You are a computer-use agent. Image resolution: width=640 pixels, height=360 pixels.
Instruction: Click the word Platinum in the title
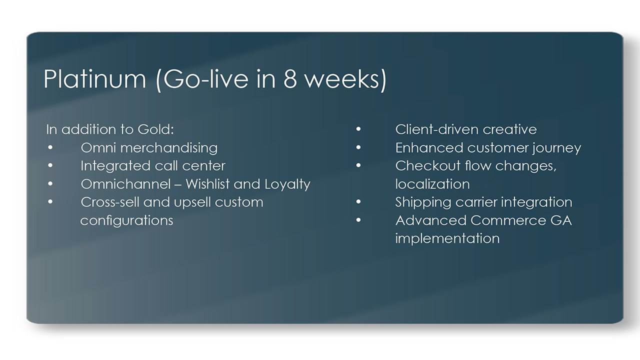[x=94, y=78]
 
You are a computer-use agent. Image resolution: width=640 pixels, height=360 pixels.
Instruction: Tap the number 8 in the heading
[x=290, y=79]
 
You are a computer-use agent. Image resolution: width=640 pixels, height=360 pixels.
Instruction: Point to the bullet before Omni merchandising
[x=50, y=147]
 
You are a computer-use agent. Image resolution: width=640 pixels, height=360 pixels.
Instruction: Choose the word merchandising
[x=169, y=148]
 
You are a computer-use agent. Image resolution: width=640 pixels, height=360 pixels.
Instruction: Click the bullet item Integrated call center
[x=153, y=166]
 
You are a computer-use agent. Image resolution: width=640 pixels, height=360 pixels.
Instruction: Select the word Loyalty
[x=287, y=184]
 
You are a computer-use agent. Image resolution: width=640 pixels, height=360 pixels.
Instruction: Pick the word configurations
[x=126, y=221]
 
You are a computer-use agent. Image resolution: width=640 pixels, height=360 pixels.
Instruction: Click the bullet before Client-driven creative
[x=358, y=129]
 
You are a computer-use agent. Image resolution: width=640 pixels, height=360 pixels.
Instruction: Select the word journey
[x=556, y=148]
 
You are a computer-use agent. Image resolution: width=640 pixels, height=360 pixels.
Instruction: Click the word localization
[x=432, y=184]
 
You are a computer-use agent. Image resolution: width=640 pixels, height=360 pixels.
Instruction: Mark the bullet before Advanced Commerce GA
[x=358, y=220]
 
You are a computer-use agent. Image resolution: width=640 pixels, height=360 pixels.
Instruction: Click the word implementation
[x=447, y=239]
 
